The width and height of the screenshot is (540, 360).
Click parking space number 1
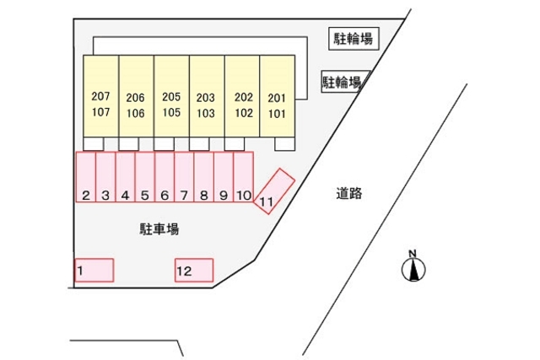coord(94,270)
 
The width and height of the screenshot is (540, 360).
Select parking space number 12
coord(194,270)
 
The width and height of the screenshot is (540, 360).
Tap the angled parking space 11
coord(274,191)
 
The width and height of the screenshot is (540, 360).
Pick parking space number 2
coord(86,176)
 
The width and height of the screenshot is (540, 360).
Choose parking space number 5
coord(145,176)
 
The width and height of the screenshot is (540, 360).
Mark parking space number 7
coord(184,176)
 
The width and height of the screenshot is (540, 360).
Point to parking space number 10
coord(244,176)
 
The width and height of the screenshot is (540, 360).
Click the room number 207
coord(100,96)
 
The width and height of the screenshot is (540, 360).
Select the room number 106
coord(135,113)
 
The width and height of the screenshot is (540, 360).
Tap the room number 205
coord(171,97)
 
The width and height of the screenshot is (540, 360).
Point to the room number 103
coord(206,113)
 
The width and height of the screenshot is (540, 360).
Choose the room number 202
coord(244,97)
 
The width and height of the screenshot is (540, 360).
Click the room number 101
coord(277,114)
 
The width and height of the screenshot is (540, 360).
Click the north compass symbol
coord(413,266)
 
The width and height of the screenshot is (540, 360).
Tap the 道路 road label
coord(348,193)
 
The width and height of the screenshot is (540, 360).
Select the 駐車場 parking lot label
coord(159,228)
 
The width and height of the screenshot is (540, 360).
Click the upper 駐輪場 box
coord(354,39)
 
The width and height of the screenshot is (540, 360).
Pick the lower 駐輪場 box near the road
coord(345,82)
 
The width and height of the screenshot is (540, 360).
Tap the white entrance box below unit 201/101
coord(285,144)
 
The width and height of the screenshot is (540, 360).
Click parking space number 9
coord(224,176)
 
